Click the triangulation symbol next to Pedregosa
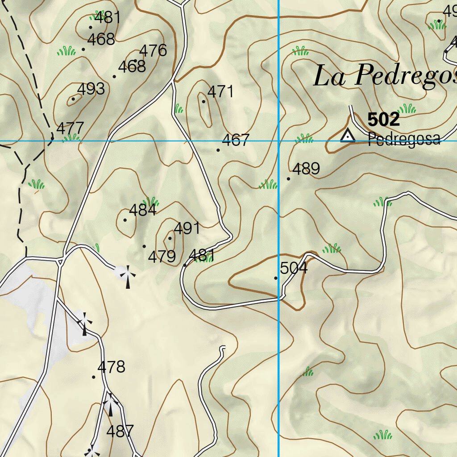347,135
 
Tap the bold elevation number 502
383,120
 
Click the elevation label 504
294,268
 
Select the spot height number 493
91,89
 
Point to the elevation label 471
221,91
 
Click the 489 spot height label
306,169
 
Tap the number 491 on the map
187,228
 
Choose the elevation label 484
142,210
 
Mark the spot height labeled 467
235,140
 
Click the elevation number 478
111,367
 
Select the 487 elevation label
120,431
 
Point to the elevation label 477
70,128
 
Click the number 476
153,50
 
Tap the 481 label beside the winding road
202,256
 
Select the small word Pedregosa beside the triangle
404,139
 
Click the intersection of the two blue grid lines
278,141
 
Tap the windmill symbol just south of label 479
128,276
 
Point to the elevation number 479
162,257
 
